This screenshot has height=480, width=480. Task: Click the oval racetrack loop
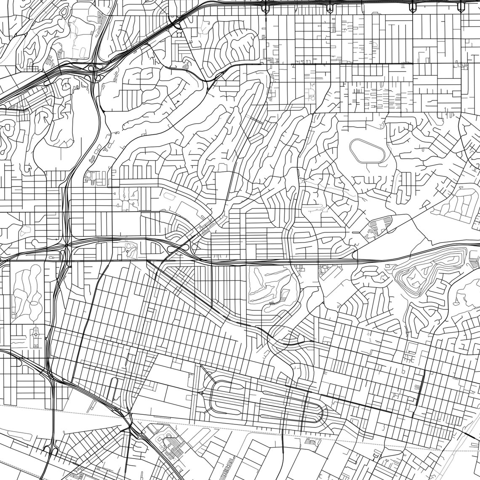click(x=368, y=151)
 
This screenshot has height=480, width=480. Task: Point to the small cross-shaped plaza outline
click(x=35, y=335)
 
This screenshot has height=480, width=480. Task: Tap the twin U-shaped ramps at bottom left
click(x=51, y=451)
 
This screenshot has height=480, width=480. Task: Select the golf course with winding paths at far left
click(x=27, y=291)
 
